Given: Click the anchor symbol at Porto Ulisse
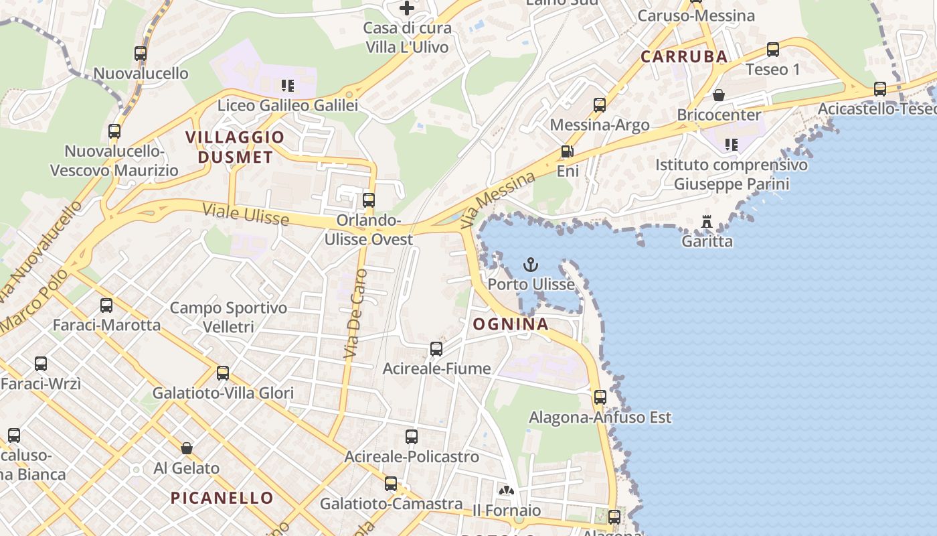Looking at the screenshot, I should click(x=531, y=265).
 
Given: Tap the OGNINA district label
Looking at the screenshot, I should click(x=511, y=324).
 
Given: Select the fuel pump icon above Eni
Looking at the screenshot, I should click(x=567, y=152).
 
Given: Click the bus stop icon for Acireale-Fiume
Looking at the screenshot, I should click(x=436, y=349).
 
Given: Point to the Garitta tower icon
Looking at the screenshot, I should click(x=707, y=222).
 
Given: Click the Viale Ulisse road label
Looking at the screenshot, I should click(x=246, y=215).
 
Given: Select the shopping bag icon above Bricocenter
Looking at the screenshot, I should click(x=719, y=95).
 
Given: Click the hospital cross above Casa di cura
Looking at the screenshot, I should click(x=407, y=8).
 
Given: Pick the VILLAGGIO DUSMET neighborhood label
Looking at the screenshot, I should click(x=234, y=147).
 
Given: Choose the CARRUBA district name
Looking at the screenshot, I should click(x=684, y=56).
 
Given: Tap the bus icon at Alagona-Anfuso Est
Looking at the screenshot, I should click(x=600, y=397).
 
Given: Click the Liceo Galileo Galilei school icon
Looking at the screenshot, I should click(x=288, y=86).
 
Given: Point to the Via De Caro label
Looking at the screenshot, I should click(x=355, y=314).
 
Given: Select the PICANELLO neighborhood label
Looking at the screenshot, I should click(x=222, y=498).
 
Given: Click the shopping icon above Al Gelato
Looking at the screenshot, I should click(x=187, y=448).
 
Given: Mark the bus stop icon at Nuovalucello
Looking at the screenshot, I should click(x=141, y=54).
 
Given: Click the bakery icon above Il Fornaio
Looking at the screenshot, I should click(x=507, y=490).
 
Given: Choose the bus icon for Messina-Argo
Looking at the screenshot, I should click(x=600, y=105).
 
